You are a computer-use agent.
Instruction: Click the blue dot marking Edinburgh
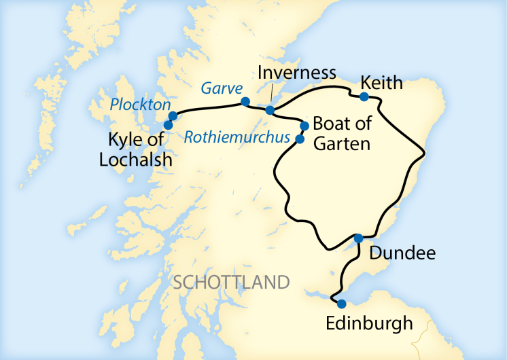click(x=342, y=304)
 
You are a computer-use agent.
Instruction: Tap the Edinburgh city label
click(x=369, y=323)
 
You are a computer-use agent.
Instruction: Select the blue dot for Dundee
click(x=358, y=238)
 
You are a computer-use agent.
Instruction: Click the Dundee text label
click(x=401, y=254)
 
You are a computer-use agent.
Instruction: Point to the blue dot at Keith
click(x=364, y=96)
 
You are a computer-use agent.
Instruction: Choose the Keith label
click(x=382, y=82)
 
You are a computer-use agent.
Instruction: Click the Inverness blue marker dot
click(x=270, y=110)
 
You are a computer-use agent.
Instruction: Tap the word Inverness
click(x=297, y=73)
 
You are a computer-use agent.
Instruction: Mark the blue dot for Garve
click(x=245, y=102)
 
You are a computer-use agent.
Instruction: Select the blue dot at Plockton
click(x=173, y=115)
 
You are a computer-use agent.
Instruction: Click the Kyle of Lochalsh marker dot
click(x=168, y=125)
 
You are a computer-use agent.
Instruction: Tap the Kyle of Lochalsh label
click(x=141, y=150)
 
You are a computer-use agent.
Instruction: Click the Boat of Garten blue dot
click(x=304, y=126)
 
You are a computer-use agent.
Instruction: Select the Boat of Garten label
click(x=341, y=134)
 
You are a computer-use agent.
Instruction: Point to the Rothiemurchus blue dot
click(x=298, y=139)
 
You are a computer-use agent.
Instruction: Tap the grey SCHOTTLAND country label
click(x=231, y=282)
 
